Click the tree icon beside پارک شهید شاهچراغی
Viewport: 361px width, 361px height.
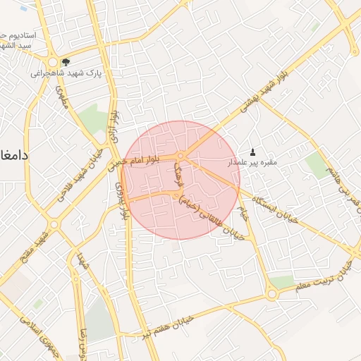coord(66,61)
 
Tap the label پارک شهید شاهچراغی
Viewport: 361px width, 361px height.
coord(67,73)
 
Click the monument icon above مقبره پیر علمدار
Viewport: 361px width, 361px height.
coord(253,152)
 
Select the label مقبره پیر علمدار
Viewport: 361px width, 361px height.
coord(252,163)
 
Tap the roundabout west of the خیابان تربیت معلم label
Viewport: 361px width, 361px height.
coord(271,295)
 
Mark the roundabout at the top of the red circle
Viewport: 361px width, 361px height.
coord(181,155)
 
